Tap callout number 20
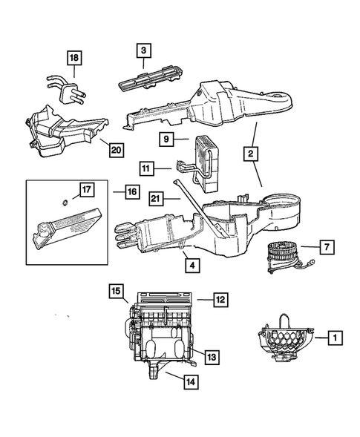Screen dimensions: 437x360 115,149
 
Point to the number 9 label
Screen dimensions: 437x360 166,139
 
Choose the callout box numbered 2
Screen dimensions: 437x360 252,154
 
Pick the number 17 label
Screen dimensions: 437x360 86,191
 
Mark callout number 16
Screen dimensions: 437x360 131,191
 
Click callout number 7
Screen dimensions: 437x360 327,246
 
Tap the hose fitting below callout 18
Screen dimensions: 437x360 68,89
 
